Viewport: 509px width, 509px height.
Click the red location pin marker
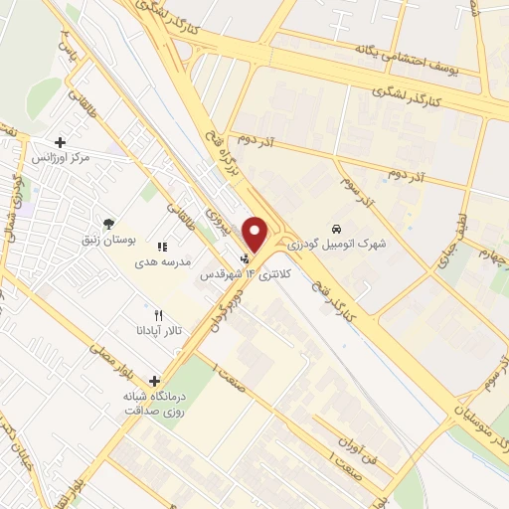click(255, 233)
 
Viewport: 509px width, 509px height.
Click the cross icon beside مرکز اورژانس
click(62, 143)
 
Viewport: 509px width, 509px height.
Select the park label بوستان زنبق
click(107, 240)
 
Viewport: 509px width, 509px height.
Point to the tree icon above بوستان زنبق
click(108, 224)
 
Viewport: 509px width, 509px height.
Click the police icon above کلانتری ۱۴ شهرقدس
click(247, 256)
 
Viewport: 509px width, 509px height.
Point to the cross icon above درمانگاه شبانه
click(154, 380)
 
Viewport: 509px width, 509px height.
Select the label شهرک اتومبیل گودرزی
click(337, 243)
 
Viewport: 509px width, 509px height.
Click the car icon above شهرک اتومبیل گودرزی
click(338, 227)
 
